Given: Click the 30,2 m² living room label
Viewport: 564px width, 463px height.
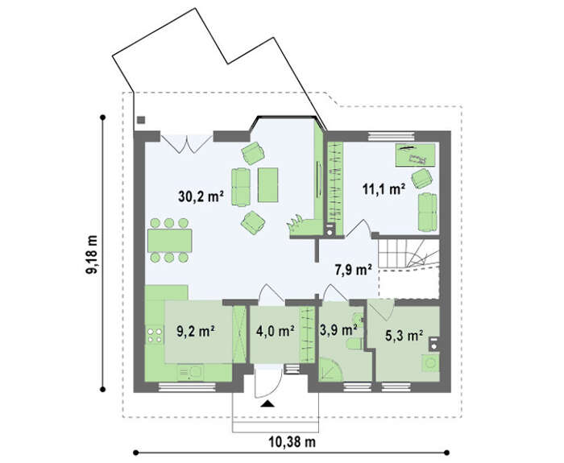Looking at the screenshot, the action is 201,196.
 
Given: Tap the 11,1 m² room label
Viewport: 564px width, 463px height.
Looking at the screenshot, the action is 384,188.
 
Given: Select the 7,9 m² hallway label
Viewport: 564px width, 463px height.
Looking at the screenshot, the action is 354,270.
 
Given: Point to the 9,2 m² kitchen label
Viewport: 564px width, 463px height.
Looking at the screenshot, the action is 196,331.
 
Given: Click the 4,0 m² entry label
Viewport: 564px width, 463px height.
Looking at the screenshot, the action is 276,331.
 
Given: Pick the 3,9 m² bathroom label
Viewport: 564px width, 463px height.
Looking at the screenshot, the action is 338,329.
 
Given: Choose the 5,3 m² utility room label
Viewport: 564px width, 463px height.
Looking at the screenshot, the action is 404,336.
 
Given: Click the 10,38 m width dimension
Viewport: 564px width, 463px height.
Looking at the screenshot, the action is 292,442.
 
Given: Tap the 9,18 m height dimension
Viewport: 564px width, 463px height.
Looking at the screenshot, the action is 92,254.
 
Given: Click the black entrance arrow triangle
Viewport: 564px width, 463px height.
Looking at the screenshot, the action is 267,404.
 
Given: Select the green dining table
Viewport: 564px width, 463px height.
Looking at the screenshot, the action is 169,241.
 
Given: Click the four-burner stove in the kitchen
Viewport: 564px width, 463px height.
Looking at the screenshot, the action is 155,335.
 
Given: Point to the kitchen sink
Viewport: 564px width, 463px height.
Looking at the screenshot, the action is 190,373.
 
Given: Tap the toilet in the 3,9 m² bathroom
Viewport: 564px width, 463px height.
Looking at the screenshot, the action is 355,343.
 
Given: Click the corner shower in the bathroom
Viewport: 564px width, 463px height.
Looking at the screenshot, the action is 330,369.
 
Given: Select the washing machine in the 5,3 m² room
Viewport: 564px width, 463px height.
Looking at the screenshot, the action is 430,363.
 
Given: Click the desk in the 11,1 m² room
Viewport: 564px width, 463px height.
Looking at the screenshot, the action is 416,155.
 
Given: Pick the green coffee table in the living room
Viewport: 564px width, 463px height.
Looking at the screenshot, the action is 268,184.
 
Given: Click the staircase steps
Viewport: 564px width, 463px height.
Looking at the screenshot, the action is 408,254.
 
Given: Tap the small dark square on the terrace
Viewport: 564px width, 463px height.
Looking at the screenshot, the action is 141,120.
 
